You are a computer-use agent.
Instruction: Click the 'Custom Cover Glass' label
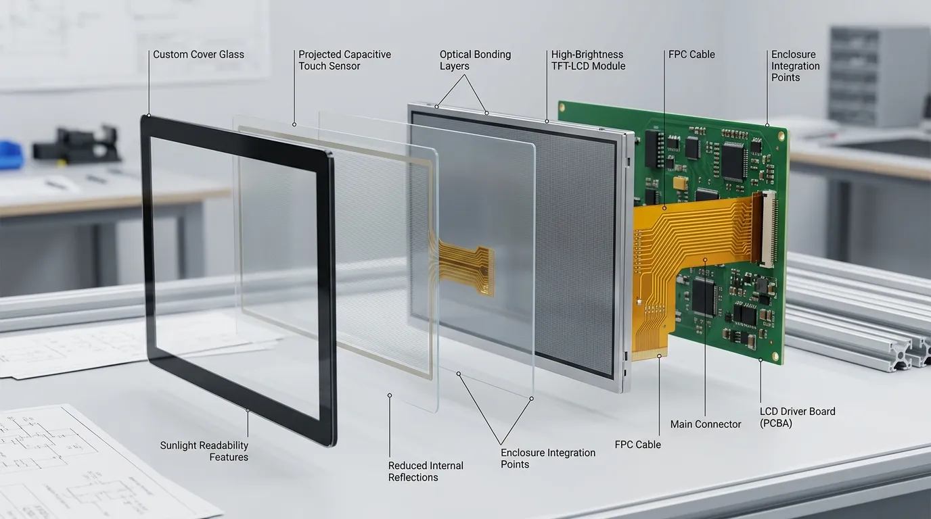point(198,54)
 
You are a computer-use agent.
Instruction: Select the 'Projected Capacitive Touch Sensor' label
point(344,60)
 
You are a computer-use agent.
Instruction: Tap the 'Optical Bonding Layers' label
point(475,60)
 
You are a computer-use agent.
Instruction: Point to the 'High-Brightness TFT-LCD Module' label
point(588,60)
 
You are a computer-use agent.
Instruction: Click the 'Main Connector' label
point(705,424)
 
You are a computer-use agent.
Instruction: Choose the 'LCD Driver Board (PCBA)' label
point(797,417)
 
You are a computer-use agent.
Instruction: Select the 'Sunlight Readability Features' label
point(204,451)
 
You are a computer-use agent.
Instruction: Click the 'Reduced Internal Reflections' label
point(426,472)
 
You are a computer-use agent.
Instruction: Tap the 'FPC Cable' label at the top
point(691,54)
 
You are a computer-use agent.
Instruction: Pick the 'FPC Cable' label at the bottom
point(637,445)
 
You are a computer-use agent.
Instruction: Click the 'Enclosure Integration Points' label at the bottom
point(548,458)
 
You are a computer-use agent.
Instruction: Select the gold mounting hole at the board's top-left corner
point(562,107)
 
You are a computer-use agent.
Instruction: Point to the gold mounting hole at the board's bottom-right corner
point(775,356)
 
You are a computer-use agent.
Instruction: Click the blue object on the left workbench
point(9,155)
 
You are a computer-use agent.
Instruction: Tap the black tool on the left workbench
point(77,144)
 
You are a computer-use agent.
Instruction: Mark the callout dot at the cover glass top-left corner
point(149,116)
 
